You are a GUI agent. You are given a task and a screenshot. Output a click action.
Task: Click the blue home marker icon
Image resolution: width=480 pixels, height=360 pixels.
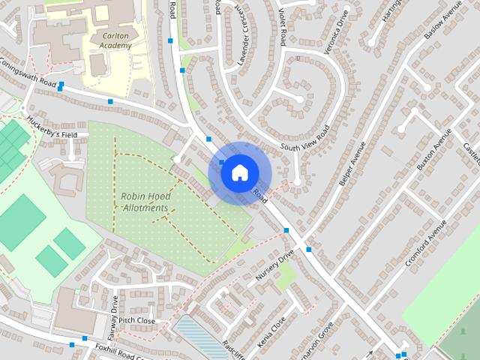point(238,172)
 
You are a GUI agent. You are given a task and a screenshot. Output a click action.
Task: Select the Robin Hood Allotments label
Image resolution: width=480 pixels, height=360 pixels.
point(145,202)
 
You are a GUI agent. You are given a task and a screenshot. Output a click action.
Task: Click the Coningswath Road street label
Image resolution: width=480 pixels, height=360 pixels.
point(30,73)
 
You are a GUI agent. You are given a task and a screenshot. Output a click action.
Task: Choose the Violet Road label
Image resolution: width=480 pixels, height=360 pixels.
point(278,25)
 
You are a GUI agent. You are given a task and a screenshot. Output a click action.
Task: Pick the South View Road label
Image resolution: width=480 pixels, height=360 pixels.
point(305,136)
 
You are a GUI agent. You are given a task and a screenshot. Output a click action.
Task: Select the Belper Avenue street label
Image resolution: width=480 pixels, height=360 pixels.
point(352,163)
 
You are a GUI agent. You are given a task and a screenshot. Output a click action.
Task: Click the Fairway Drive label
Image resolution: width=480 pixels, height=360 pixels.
point(115,307)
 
